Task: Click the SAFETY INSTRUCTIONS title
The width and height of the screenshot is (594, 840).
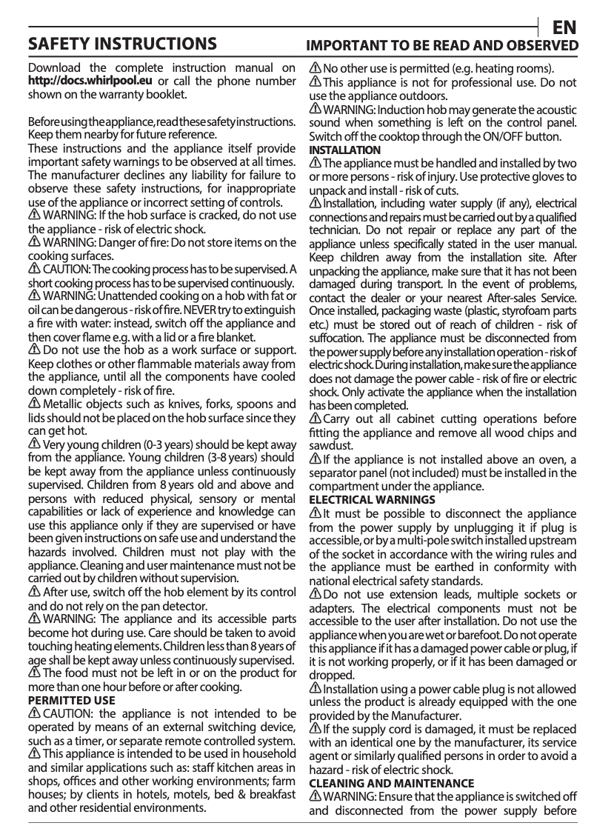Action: pos(122,43)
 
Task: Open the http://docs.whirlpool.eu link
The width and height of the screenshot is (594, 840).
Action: pos(90,81)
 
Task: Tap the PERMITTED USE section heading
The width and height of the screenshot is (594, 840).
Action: pos(71,699)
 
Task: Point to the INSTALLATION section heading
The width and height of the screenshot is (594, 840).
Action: pos(344,150)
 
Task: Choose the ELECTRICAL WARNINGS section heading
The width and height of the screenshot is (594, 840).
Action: pos(372,500)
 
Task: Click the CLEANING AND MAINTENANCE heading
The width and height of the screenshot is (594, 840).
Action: pos(391,782)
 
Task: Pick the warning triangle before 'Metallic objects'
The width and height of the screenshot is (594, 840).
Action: pos(34,404)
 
